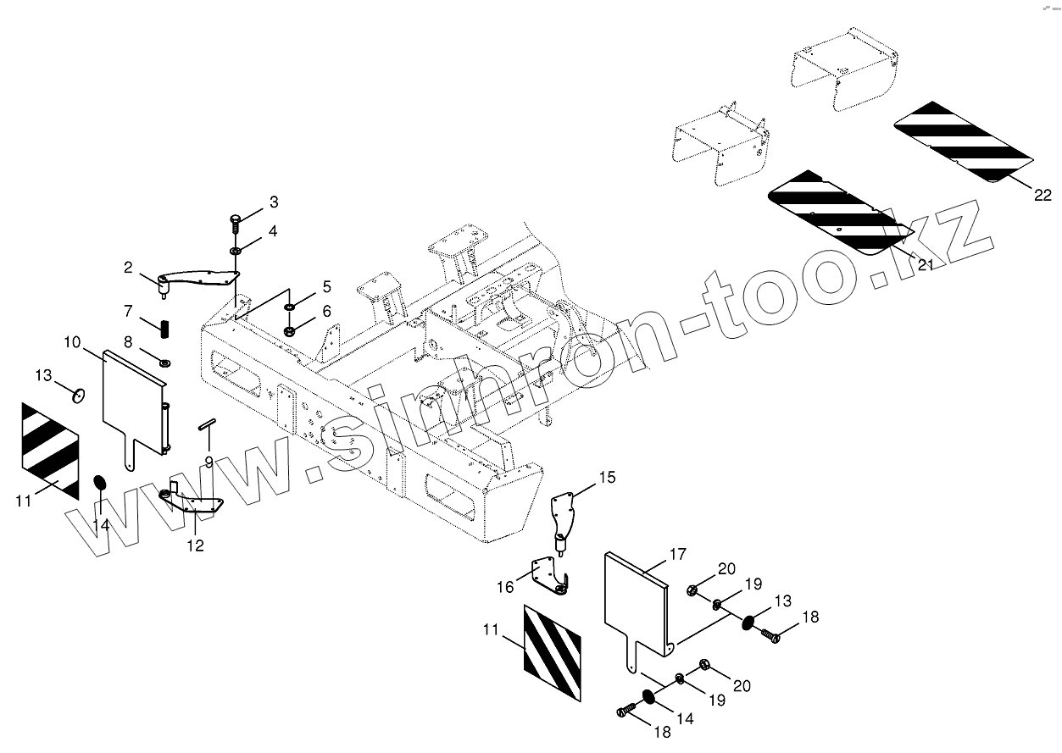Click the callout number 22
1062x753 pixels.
pos(1042,196)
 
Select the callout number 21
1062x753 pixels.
pos(925,265)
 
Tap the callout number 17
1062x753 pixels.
pos(676,556)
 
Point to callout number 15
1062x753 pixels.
pos(607,478)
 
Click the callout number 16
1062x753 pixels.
pos(505,586)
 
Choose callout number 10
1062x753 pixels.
pos(72,342)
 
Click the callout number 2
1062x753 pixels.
pos(128,268)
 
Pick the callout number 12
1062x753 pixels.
pos(195,545)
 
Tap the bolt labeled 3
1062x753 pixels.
pos(235,222)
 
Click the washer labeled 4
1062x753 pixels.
pos(235,251)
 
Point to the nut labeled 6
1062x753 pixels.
pos(289,329)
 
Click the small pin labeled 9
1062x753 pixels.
pos(209,424)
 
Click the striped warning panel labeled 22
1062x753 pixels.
pos(963,141)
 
